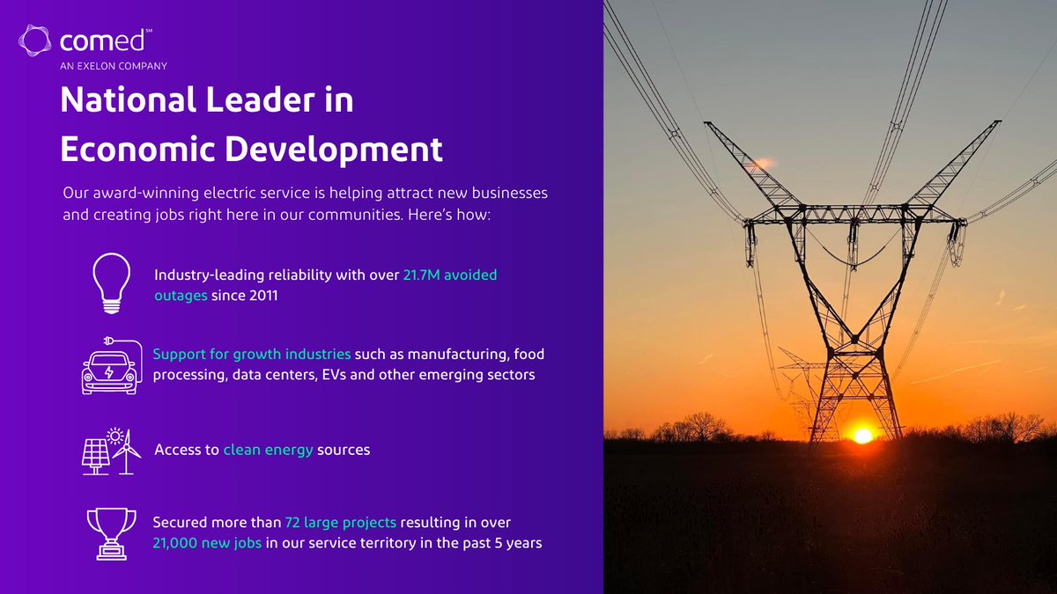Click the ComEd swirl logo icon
click(37, 41)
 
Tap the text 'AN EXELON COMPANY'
click(114, 65)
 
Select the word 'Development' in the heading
click(336, 150)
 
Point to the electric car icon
click(108, 367)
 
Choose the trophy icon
click(111, 532)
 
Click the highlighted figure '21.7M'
click(421, 275)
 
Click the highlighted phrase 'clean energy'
click(268, 450)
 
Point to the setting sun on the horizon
click(862, 436)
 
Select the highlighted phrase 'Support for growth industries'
click(252, 355)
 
